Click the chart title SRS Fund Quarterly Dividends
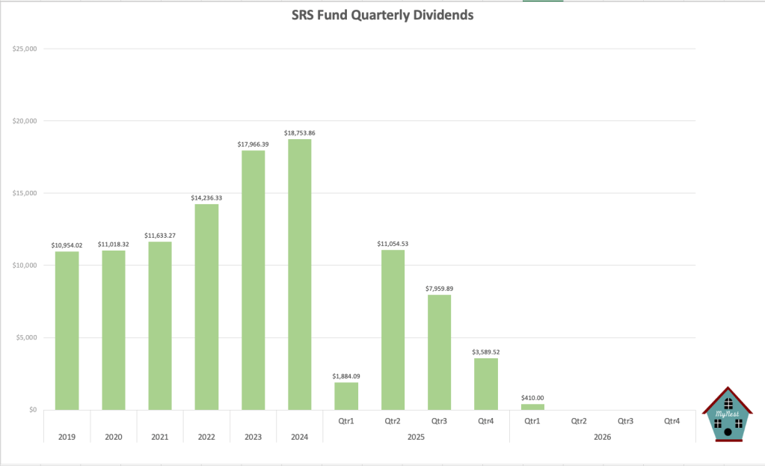[381, 15]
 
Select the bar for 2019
[67, 330]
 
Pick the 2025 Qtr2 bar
[393, 329]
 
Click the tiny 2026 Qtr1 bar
[532, 407]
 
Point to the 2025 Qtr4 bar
[485, 384]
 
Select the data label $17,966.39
[253, 144]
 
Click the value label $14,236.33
[206, 197]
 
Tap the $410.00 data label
[532, 398]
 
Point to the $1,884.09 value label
[346, 375]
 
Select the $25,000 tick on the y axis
[25, 49]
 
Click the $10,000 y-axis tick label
[25, 266]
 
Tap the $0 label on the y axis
[31, 410]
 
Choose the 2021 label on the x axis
[160, 436]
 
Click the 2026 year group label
[602, 436]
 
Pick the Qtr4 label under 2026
[672, 421]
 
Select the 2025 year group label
[416, 436]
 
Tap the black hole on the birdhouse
[728, 432]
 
